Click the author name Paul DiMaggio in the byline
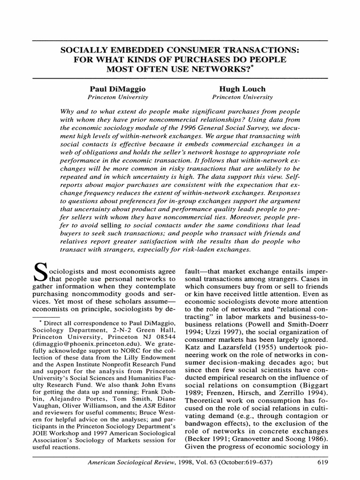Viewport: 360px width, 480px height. click(x=118, y=89)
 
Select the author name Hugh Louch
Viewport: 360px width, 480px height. click(x=242, y=89)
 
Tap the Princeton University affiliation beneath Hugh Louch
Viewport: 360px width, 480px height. click(x=242, y=97)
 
